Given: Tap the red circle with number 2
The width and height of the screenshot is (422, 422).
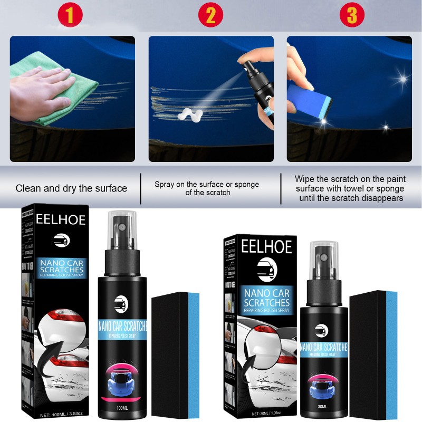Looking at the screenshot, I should pyautogui.click(x=211, y=15).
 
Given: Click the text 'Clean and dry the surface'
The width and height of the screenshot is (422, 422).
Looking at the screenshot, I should pyautogui.click(x=71, y=188).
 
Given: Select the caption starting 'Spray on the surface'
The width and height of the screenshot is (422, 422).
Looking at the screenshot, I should pyautogui.click(x=207, y=188).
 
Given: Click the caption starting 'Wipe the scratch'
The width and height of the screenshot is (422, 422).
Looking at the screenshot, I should pyautogui.click(x=350, y=188).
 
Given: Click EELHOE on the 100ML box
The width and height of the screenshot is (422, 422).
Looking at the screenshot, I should pyautogui.click(x=61, y=220).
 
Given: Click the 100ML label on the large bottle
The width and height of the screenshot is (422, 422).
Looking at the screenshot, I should pyautogui.click(x=121, y=408).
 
